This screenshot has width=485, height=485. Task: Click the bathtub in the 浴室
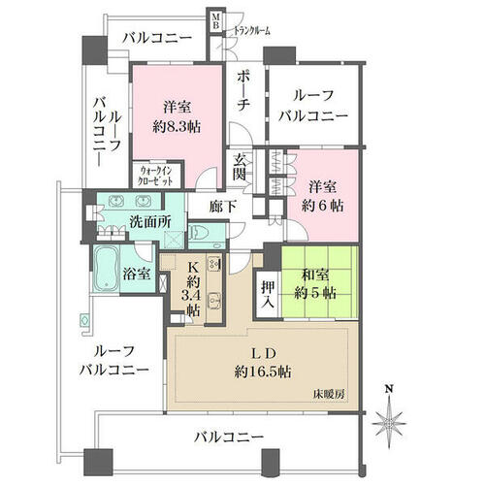click(x=106, y=269)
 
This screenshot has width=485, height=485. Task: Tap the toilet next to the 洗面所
click(x=198, y=232)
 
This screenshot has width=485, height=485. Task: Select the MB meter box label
click(x=215, y=21)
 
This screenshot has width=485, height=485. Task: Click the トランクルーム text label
click(x=252, y=31)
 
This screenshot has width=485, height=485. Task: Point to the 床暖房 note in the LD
click(x=329, y=394)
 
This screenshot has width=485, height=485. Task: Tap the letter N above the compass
click(x=390, y=388)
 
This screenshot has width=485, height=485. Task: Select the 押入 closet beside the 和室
click(x=269, y=295)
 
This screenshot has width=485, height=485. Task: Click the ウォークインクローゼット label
click(x=155, y=176)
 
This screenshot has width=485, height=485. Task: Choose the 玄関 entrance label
click(x=240, y=167)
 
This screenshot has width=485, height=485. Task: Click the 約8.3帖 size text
click(x=177, y=127)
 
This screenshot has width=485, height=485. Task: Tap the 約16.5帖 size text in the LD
click(x=263, y=372)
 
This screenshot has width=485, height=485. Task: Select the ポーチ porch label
click(x=242, y=91)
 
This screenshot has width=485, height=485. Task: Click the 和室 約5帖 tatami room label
click(x=315, y=284)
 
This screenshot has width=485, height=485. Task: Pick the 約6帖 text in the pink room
click(x=322, y=206)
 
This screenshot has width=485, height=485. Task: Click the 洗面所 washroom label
click(x=150, y=222)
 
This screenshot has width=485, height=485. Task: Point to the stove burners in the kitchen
click(x=213, y=264)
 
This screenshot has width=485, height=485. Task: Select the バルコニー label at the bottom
click(x=229, y=437)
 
